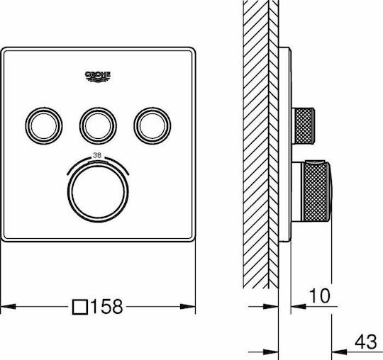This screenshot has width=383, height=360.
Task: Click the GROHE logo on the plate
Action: click(98, 77)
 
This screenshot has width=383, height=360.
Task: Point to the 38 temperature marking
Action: click(97, 155)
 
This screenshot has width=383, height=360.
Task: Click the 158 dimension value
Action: click(106, 306)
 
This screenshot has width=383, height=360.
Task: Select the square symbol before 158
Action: click(80, 307)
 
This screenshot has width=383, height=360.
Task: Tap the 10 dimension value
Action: click(319, 296)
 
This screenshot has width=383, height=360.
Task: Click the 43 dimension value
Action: click(365, 342)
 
